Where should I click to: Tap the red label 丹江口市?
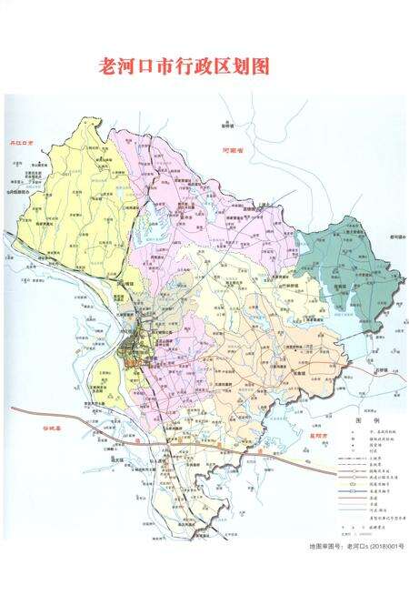pyautogui.click(x=20, y=144)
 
